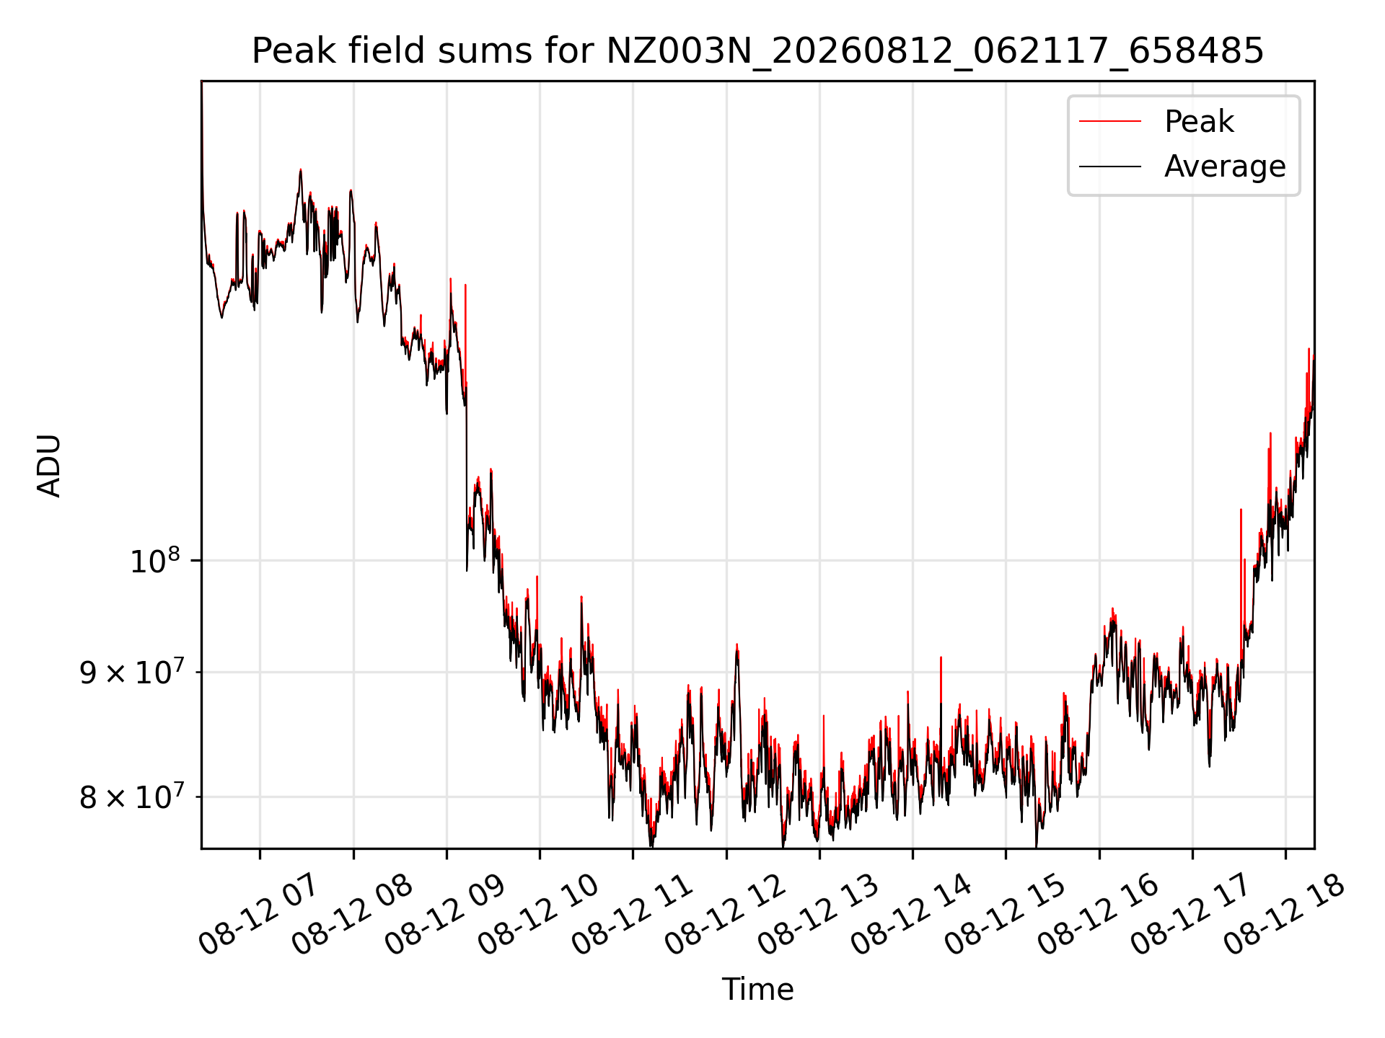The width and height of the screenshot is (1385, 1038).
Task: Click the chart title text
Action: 757,51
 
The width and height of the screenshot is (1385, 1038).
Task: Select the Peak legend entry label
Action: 1199,121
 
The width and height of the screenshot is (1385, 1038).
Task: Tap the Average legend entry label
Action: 1225,167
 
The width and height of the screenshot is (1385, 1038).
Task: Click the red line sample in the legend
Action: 1110,121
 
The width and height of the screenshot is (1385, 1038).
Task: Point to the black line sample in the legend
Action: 1110,167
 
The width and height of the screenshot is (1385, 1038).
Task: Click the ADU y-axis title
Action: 49,465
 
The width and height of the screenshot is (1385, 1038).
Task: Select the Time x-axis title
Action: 757,989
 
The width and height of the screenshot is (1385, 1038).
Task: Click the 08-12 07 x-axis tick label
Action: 258,914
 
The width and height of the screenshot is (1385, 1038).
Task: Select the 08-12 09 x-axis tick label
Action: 444,914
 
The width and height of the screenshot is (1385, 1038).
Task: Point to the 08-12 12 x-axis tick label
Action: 724,914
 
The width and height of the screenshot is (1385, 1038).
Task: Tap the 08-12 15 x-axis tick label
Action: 1004,914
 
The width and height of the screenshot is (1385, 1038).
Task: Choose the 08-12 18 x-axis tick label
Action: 1284,914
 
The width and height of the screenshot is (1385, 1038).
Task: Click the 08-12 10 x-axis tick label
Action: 537,914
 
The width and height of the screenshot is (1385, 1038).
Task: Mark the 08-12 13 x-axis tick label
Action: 817,914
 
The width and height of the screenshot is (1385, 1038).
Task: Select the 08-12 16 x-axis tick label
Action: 1097,914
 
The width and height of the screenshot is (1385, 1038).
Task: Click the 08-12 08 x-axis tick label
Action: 351,914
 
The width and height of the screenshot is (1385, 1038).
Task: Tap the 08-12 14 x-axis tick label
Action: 910,914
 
